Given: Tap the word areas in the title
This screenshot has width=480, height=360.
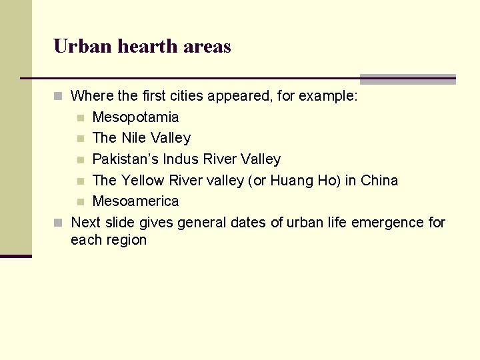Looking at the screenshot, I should click(207, 47).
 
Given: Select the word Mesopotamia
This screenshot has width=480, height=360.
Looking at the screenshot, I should click(135, 117).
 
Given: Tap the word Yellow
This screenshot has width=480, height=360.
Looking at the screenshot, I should click(143, 181).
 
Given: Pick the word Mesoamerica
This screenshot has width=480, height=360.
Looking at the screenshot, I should click(135, 201).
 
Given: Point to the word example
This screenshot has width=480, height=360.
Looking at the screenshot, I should click(327, 96).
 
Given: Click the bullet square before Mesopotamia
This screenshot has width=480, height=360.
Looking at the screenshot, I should click(80, 118).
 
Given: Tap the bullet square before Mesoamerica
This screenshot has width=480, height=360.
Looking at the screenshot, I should click(80, 202).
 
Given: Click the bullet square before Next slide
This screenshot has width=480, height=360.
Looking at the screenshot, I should click(59, 223).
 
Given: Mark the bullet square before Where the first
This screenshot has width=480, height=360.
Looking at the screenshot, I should click(59, 97).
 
